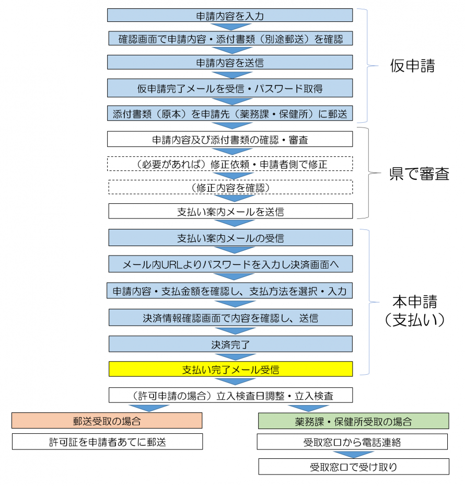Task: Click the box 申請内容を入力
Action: [230, 15]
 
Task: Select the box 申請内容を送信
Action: [230, 62]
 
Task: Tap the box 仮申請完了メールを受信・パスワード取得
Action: [230, 88]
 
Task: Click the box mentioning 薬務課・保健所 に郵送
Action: [230, 113]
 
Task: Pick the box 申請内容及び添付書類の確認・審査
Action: [230, 139]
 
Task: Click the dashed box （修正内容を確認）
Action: [230, 187]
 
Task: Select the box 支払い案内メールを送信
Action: [230, 211]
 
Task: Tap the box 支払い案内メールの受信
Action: [230, 238]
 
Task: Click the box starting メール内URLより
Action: [230, 264]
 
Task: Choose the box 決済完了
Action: [230, 344]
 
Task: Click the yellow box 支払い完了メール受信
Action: [230, 369]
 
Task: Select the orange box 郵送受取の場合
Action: [107, 421]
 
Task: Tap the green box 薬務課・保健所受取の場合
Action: [353, 421]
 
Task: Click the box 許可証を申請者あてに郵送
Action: [107, 442]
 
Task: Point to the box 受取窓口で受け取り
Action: [353, 466]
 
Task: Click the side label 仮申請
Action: [412, 66]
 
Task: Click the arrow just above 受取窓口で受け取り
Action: [353, 454]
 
